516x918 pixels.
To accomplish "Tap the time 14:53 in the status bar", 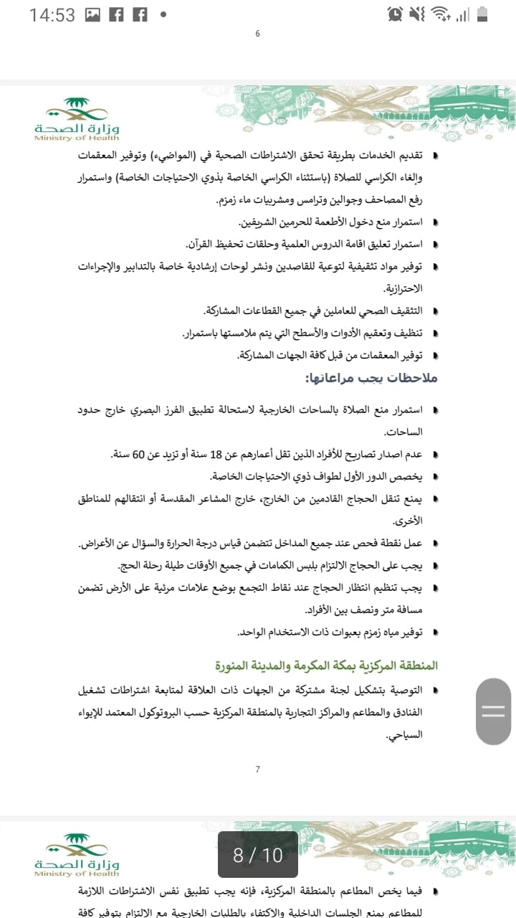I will pos(52,14).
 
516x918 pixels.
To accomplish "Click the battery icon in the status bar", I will pos(482,14).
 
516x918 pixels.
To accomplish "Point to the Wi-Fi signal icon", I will pos(439,14).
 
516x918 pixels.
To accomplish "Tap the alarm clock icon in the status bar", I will pos(394,14).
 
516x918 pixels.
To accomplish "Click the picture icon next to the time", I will pos(92,14).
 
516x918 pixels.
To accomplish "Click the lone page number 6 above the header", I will pos(258,34).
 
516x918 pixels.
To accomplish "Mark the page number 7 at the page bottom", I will pos(258,770).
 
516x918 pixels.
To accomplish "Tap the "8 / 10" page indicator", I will pos(258,854).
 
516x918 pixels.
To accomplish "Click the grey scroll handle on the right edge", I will pos(493,711).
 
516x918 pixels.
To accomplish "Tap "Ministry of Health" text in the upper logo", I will pos(77,138).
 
